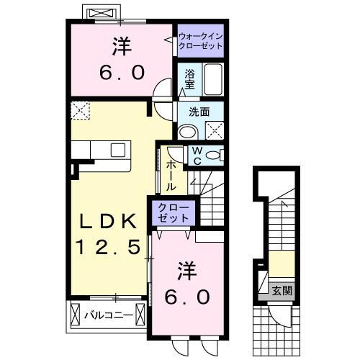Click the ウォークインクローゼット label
(x=199, y=40)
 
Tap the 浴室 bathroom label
(x=190, y=78)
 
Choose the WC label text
(x=196, y=157)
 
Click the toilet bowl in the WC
(x=214, y=156)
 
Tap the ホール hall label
(x=171, y=176)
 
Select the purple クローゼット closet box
(x=173, y=212)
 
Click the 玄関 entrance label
(x=282, y=291)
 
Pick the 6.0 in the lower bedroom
(x=190, y=297)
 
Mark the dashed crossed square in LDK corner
(x=78, y=110)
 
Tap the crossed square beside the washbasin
(x=214, y=130)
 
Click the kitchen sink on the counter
(x=117, y=150)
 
